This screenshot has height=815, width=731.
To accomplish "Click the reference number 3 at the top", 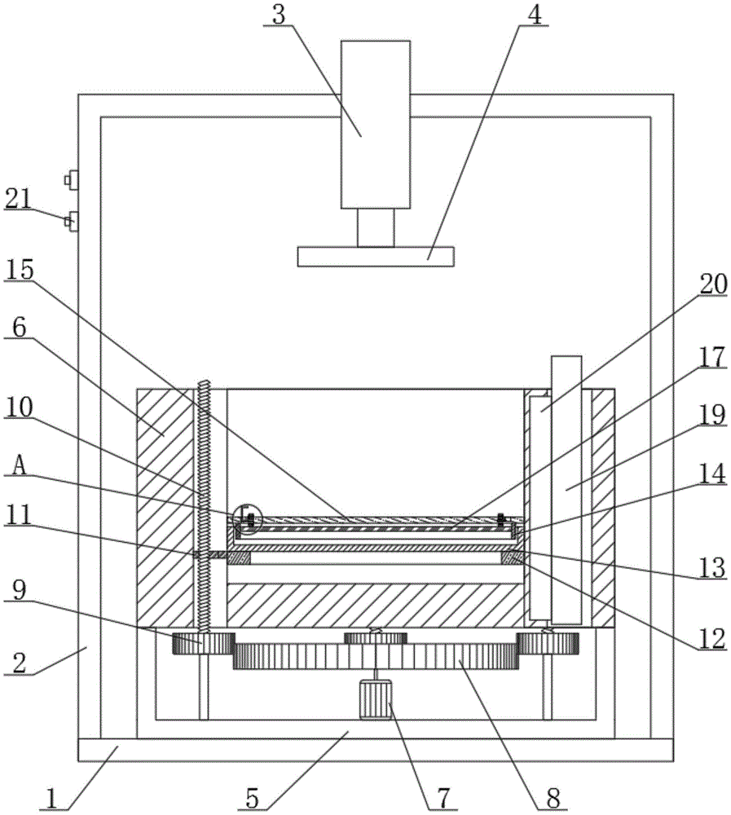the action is (279, 15).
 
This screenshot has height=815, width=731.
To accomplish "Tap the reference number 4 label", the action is (535, 15).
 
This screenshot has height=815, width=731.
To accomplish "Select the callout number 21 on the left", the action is (19, 199).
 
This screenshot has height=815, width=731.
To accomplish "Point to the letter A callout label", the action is (19, 466).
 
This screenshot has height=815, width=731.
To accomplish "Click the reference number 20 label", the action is (713, 284).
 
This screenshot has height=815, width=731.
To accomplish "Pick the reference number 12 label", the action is (711, 639).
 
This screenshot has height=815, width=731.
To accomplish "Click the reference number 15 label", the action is (20, 271).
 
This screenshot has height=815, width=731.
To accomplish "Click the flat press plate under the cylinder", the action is (376, 257).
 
